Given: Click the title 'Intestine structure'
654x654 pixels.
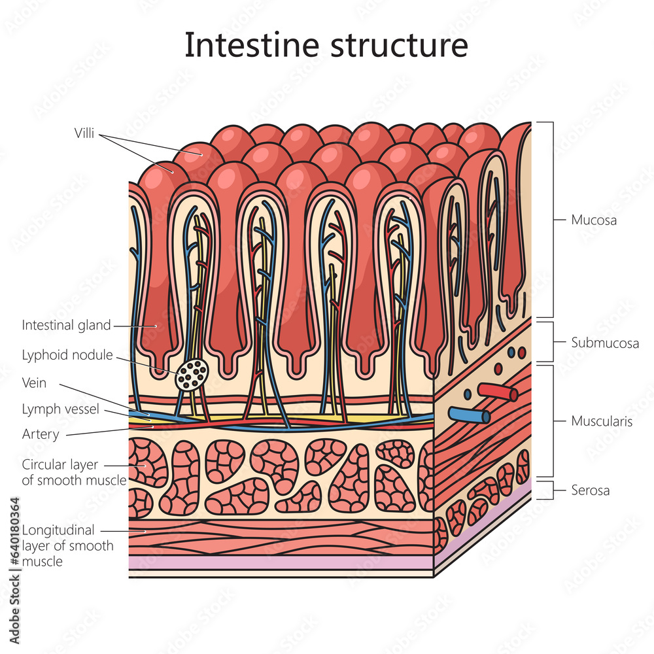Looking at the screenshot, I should tap(326, 46).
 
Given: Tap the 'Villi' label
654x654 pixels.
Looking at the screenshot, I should tap(84, 134).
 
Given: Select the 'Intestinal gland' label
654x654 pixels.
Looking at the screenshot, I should tap(66, 325).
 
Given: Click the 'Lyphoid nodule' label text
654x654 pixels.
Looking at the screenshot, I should tap(67, 355).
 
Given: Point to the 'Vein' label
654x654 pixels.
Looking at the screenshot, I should tap(34, 383).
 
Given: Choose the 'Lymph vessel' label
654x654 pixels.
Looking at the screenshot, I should tap(60, 409).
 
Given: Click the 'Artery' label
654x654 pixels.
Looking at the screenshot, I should tap(41, 434).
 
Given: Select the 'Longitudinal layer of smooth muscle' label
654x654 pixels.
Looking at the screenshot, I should tap(67, 545).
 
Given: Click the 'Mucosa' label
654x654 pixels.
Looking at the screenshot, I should tap(594, 220).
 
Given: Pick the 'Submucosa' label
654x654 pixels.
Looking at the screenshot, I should tap(604, 343).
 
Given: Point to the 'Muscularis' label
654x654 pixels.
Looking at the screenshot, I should tap(602, 421).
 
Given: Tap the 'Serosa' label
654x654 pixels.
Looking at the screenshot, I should tap(590, 490).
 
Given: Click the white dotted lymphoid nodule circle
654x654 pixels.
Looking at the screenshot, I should tap(192, 375).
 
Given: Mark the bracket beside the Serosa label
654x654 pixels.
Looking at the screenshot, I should tap(552, 490).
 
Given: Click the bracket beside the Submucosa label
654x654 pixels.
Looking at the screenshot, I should tap(552, 342).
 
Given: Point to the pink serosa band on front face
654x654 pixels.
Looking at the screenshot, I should tap(281, 562).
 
